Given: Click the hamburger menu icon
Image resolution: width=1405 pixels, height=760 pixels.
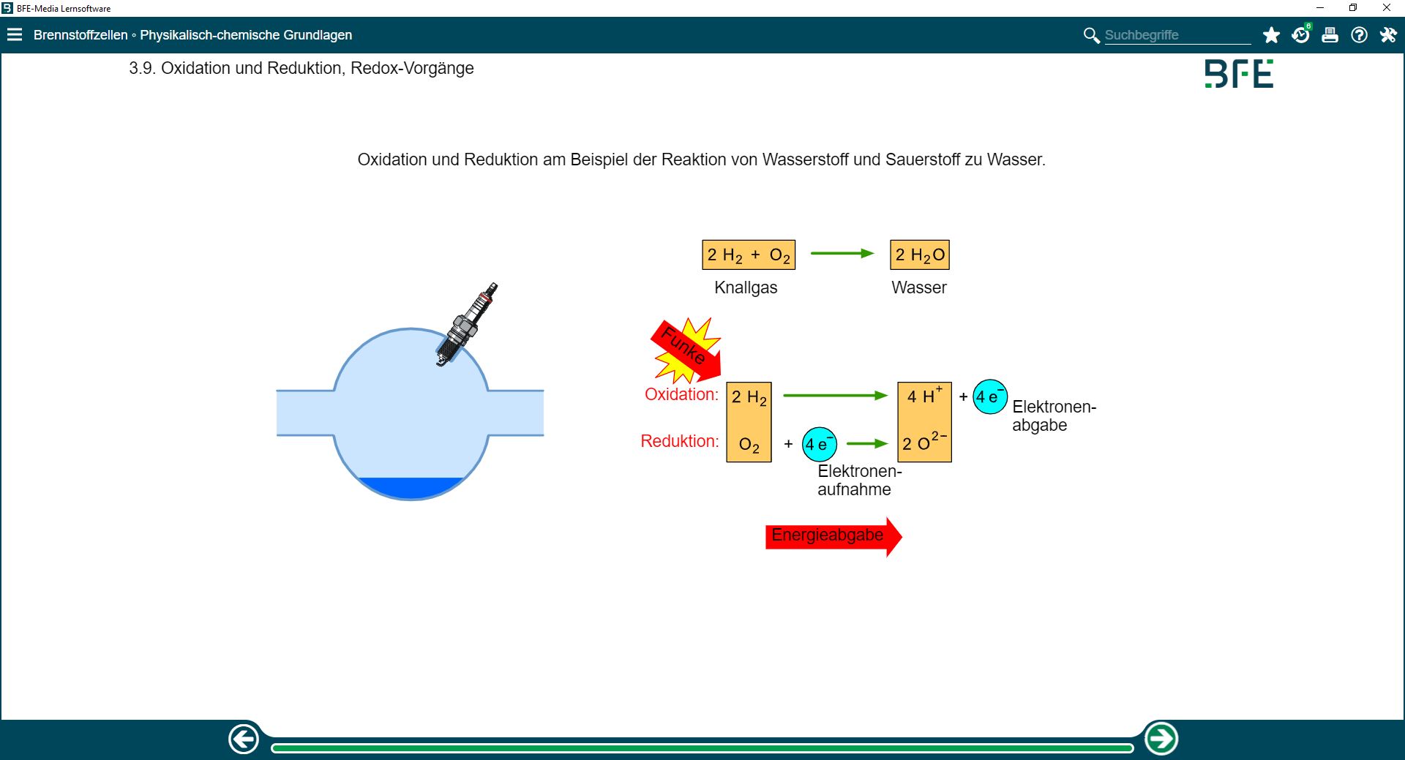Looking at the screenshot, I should (x=15, y=35).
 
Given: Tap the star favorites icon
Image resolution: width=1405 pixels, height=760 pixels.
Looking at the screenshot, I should (x=1271, y=35).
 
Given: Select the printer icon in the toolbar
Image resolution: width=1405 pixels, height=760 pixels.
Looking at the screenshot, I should (x=1330, y=35).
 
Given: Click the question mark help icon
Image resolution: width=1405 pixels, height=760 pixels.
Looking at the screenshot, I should (x=1359, y=35).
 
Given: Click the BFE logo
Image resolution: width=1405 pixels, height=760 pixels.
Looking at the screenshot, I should (x=1239, y=74).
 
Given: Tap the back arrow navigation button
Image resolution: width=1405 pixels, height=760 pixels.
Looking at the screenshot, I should (x=244, y=739).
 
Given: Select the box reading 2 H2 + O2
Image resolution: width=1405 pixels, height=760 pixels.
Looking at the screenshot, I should (x=748, y=255).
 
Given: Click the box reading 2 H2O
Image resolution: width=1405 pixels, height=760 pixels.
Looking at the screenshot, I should (x=920, y=255).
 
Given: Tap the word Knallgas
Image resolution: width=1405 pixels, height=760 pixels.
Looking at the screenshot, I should (x=746, y=288).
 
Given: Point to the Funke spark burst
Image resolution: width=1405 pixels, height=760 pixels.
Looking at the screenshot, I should (x=686, y=350).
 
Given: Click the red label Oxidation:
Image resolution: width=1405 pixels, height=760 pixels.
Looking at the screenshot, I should (x=681, y=394).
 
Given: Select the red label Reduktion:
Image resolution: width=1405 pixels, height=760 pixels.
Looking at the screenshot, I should (x=679, y=441).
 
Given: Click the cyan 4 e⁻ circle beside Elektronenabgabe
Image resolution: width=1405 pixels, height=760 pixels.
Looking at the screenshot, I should (x=989, y=397).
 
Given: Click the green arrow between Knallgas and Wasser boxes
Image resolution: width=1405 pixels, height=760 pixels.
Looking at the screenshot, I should (x=842, y=254).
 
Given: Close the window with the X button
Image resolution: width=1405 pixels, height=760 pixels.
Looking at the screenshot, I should (x=1386, y=8).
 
